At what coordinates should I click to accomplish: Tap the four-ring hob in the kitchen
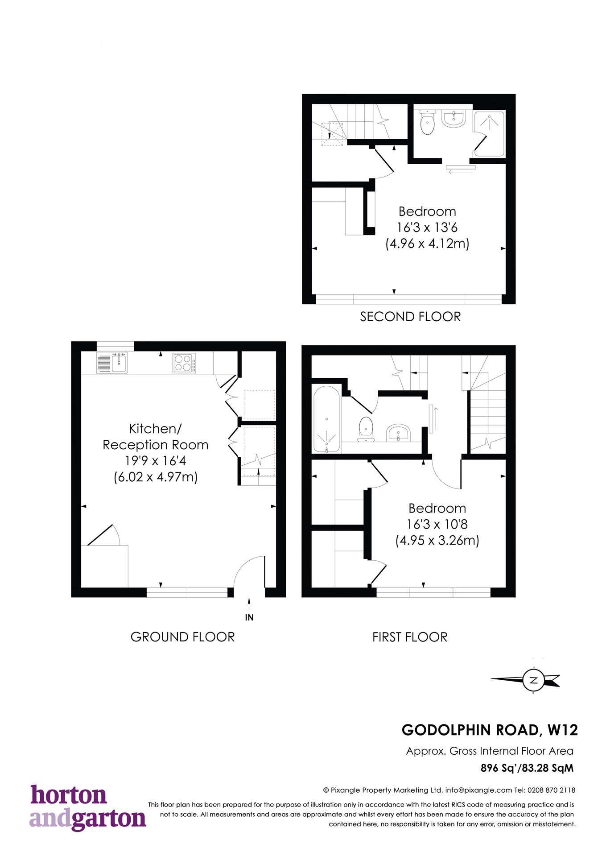(x=184, y=363)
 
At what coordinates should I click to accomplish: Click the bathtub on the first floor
(x=326, y=419)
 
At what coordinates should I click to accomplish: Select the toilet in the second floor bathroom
(x=427, y=123)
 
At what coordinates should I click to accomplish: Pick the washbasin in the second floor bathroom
(x=454, y=119)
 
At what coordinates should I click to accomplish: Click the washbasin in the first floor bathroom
(x=398, y=432)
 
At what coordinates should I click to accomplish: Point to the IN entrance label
(x=249, y=617)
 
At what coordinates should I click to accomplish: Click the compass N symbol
(x=533, y=681)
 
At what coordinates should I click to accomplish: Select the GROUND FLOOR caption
(x=182, y=637)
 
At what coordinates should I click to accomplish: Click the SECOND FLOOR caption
(x=410, y=317)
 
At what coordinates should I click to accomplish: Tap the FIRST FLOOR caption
(x=410, y=637)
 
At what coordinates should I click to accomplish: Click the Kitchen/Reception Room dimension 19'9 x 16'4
(x=156, y=461)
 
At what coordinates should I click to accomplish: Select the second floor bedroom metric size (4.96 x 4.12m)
(x=427, y=244)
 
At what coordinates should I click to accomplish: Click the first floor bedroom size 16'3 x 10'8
(x=437, y=524)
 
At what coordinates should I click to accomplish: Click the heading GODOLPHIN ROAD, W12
(x=490, y=730)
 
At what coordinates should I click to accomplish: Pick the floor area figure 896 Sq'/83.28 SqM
(x=527, y=768)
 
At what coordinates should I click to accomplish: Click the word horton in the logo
(x=69, y=795)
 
